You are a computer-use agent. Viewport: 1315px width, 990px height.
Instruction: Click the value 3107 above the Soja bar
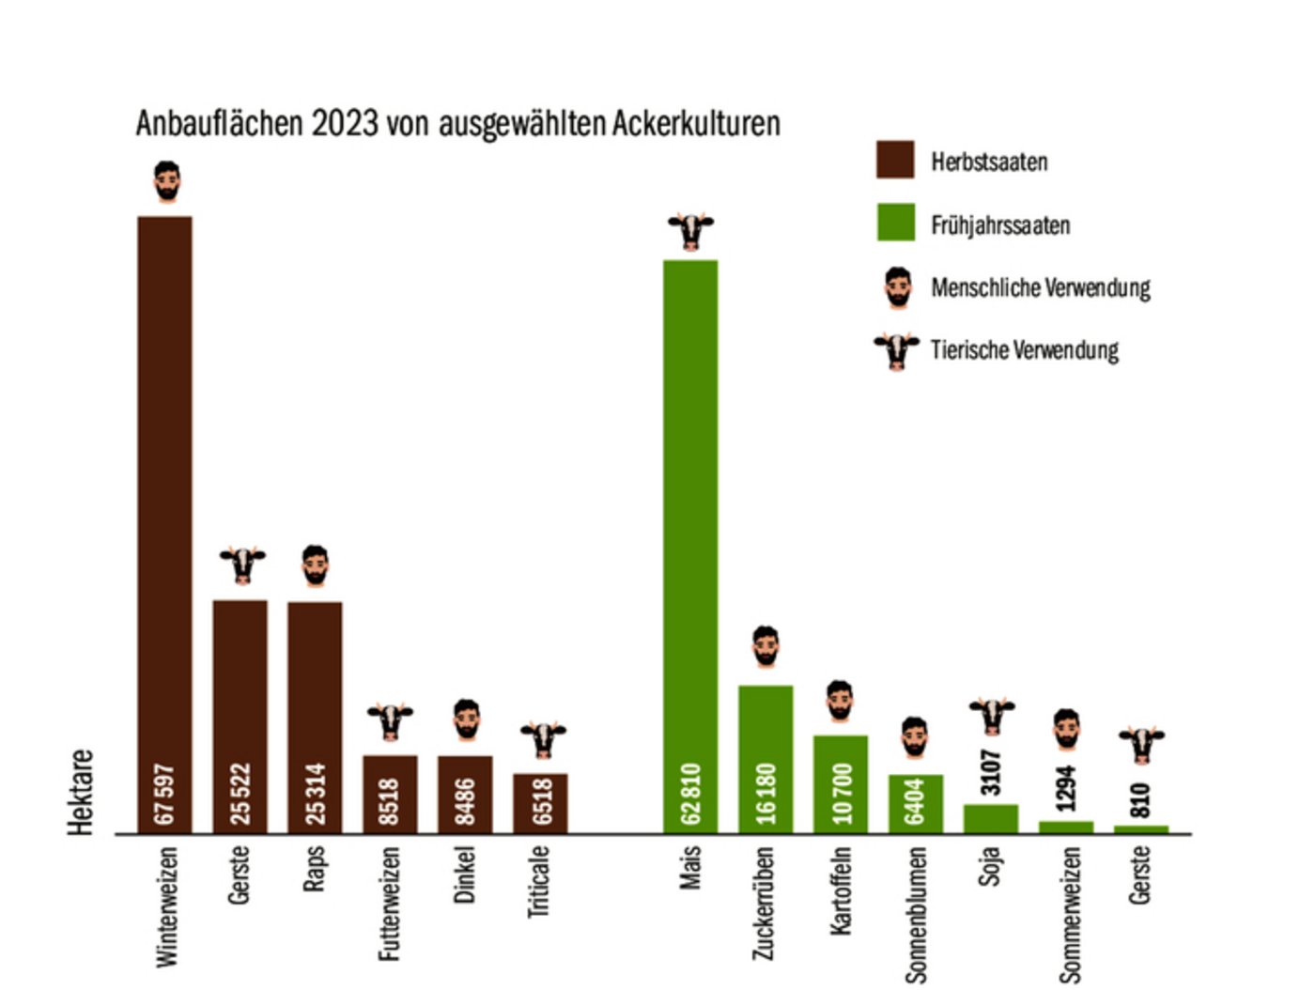tap(991, 772)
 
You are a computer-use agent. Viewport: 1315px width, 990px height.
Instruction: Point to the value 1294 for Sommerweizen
tap(1066, 788)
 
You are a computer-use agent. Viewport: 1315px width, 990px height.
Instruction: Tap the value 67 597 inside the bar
tap(164, 794)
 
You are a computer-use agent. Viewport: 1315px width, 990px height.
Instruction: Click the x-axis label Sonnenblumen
tap(916, 914)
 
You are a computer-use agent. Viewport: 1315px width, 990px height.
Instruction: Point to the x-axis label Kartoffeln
tap(841, 890)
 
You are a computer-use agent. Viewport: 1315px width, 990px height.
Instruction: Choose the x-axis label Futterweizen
tap(390, 903)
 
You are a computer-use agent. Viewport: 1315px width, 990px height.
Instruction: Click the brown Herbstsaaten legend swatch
tap(895, 160)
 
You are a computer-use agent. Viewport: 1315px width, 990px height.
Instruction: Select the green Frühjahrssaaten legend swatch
tap(895, 223)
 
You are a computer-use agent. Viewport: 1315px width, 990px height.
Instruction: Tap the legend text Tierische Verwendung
tap(1024, 350)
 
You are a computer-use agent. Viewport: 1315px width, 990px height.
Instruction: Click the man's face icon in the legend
tap(898, 287)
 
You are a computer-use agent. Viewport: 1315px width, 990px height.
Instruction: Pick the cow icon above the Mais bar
tap(691, 230)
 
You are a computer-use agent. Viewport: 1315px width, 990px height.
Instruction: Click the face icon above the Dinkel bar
tap(466, 719)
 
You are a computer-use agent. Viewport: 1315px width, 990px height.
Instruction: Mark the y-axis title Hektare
tap(82, 792)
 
